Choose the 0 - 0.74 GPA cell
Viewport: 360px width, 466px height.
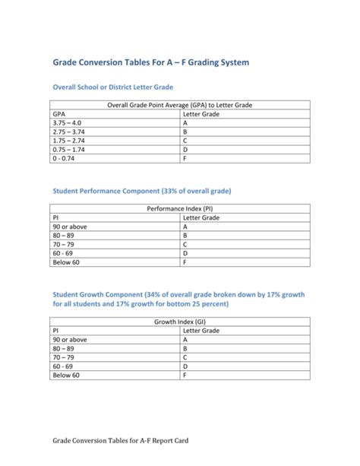[64, 159]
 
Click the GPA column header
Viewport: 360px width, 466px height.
[59, 113]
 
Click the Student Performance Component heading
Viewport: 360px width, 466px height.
[141, 190]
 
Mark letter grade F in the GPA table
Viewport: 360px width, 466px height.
[185, 159]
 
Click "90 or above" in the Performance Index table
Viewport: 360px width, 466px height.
[70, 226]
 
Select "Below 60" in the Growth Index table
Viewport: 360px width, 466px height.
[66, 376]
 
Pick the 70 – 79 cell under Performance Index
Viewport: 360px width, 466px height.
[64, 245]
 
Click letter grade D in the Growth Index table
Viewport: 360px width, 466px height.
[185, 366]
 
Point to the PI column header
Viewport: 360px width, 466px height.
[56, 217]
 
